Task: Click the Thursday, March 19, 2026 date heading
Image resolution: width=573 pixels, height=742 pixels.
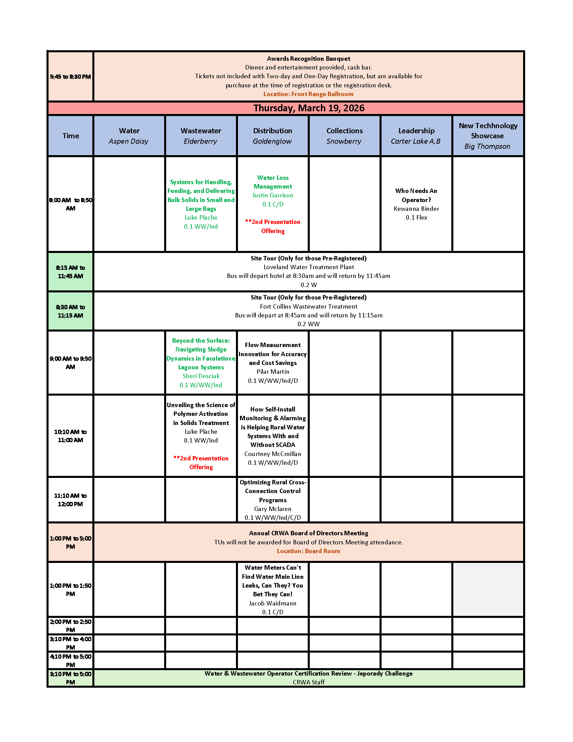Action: point(308,108)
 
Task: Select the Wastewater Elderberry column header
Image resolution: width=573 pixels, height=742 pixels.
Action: point(201,136)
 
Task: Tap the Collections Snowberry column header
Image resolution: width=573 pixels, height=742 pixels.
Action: point(344,136)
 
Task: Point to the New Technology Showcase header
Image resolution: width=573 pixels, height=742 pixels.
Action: point(487,136)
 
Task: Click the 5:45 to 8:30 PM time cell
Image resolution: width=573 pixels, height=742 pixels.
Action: point(70,77)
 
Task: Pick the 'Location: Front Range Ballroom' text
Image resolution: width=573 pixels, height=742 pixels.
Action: point(308,94)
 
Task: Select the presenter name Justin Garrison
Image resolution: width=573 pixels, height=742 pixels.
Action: point(273,195)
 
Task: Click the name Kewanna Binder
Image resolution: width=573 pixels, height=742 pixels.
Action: point(416,208)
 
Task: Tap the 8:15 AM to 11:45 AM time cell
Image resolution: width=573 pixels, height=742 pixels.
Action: point(70,272)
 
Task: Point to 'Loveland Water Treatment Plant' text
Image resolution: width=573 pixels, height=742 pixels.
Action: point(308,267)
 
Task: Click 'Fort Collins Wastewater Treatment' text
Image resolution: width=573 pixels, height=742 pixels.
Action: point(308,307)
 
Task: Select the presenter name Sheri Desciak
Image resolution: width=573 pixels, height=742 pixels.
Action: point(201,376)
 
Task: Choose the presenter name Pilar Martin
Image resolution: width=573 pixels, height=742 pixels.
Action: point(273,372)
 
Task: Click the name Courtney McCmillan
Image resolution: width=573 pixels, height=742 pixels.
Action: point(273,454)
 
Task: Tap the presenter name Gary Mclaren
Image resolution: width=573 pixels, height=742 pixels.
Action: point(273,509)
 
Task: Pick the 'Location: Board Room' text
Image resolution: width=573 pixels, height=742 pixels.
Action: point(308,551)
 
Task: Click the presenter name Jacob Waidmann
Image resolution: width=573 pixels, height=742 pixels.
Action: point(273,603)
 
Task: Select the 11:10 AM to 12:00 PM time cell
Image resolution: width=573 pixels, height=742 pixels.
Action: point(70,500)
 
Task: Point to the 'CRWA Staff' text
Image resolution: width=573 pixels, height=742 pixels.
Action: point(308,682)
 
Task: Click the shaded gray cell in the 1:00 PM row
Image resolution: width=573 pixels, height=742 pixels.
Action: point(488,590)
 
